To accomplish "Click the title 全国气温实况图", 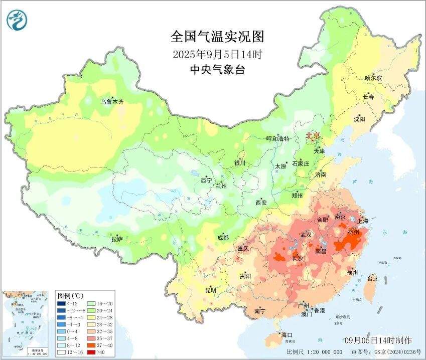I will pyautogui.click(x=217, y=37).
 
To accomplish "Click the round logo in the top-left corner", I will pyautogui.click(x=18, y=20).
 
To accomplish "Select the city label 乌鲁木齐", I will pyautogui.click(x=111, y=102).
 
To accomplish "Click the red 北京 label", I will pyautogui.click(x=313, y=135).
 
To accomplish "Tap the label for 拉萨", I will pyautogui.click(x=116, y=239).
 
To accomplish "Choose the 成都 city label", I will pyautogui.click(x=223, y=238).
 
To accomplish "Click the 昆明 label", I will pyautogui.click(x=210, y=290).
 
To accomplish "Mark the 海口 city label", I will pyautogui.click(x=287, y=334).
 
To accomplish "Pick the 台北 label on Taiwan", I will pyautogui.click(x=373, y=278).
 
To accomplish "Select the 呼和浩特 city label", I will pyautogui.click(x=277, y=139).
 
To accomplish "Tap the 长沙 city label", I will pyautogui.click(x=297, y=258).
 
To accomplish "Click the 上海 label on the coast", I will pyautogui.click(x=362, y=221).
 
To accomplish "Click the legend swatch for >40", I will pyautogui.click(x=90, y=352).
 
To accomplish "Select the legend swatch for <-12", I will pyautogui.click(x=61, y=303).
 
